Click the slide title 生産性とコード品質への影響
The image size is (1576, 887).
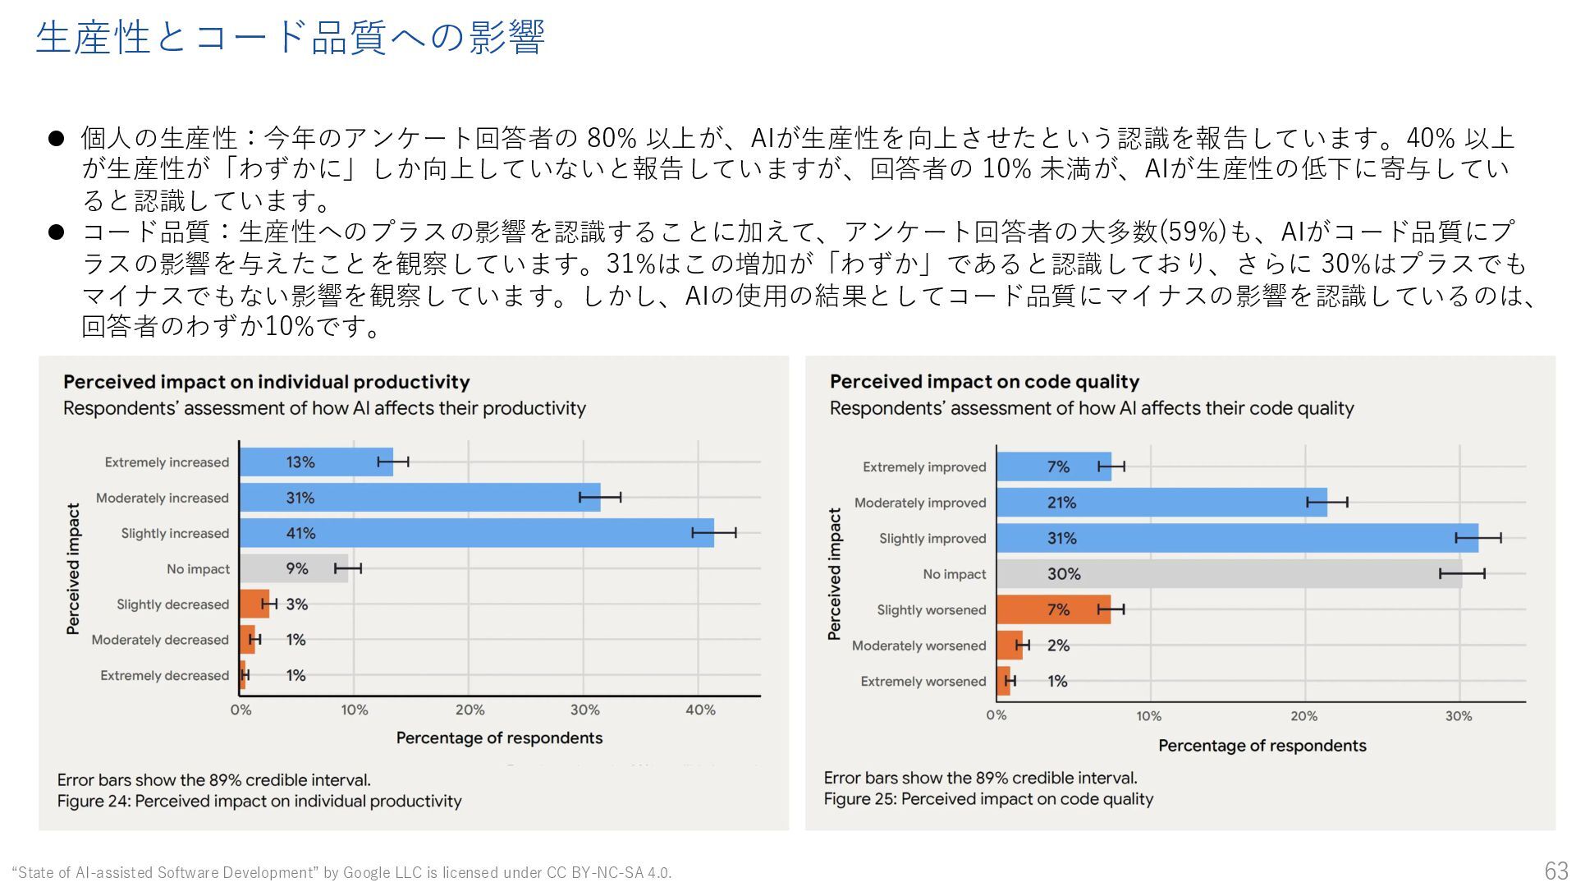290,38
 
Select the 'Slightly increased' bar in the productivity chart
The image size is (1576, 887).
476,533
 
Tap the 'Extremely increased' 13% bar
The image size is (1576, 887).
316,462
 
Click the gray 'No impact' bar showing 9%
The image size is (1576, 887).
293,568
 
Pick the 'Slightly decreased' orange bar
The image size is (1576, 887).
254,604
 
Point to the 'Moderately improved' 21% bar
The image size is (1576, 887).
1161,503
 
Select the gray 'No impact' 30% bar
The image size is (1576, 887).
1228,574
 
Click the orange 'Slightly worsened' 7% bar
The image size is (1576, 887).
1053,609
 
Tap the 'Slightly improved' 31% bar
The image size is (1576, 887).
1236,538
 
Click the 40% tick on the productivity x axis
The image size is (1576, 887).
700,710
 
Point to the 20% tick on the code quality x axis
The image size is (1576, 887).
1303,716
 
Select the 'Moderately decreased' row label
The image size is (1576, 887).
160,640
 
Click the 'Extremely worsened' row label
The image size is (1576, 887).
923,681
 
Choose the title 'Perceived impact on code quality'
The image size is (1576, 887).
984,382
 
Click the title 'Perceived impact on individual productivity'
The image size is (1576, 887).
266,382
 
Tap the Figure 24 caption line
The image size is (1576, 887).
259,801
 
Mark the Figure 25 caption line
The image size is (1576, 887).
988,799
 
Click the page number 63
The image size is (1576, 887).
1555,871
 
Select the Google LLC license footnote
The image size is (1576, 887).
341,872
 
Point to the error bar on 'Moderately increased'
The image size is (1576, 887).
600,497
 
